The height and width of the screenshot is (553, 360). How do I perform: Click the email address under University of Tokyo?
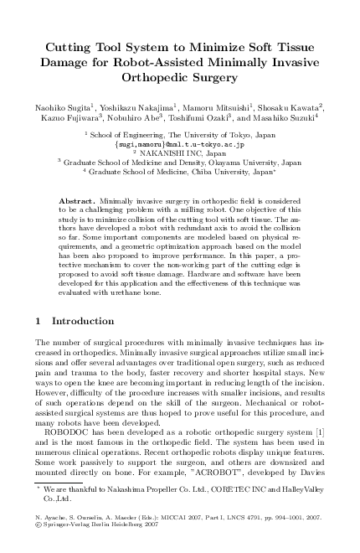(179, 144)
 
